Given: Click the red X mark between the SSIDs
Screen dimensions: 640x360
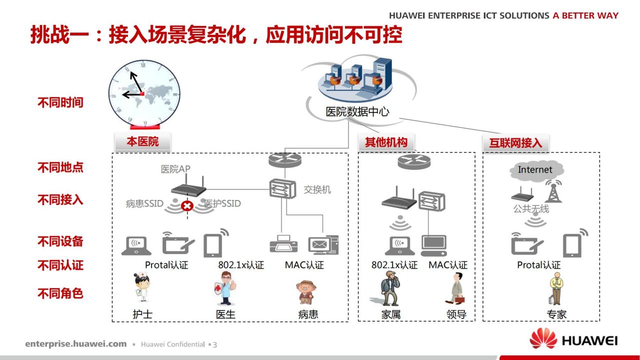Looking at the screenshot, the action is pos(187,205).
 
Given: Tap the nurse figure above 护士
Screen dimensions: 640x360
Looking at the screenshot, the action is pos(141,287).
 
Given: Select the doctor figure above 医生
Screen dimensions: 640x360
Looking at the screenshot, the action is pos(225,288).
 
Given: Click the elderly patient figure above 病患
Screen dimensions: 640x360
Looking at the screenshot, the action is pos(306,292).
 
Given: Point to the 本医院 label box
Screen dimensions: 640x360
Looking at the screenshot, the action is pos(142,141).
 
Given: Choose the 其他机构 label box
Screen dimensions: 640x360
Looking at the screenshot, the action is pos(386,142).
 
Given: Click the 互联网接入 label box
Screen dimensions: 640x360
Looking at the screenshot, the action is pos(515,142).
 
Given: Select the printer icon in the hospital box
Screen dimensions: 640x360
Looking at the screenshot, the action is pos(283,244).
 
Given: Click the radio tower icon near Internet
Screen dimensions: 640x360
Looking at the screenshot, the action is pos(553,191).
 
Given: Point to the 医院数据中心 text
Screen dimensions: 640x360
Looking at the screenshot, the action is pos(357,111).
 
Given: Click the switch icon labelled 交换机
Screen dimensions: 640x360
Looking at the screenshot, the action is pos(282,188).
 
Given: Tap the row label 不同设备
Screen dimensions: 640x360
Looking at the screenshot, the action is pos(60,241).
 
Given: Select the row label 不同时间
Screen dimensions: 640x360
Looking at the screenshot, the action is pos(60,102).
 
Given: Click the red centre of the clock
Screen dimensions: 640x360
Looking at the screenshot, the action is pos(142,93).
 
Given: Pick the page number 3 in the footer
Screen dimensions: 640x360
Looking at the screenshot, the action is pos(215,344).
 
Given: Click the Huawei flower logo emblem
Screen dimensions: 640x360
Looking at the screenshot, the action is pos(543,338).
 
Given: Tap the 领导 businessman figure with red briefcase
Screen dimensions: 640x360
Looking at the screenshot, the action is pos(455,288).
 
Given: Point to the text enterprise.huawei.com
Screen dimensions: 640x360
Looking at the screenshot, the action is pos(75,343).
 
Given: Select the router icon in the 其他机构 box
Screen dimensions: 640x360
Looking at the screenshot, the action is pos(414,161).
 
